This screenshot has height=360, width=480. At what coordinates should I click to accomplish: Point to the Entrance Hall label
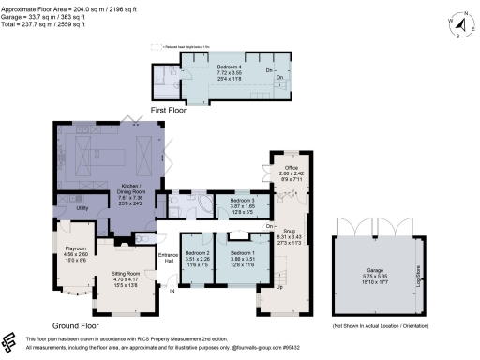168,257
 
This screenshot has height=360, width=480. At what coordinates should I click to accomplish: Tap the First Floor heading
165,110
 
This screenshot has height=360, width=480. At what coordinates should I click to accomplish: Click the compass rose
457,21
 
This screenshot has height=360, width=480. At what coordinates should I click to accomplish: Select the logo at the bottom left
10,342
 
